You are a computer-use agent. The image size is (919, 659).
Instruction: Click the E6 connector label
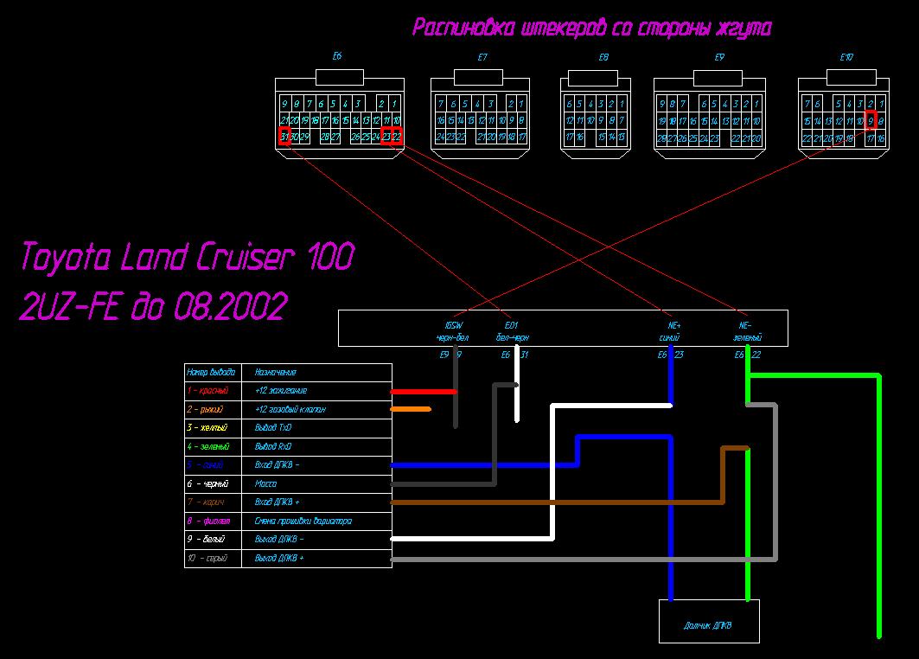[337, 56]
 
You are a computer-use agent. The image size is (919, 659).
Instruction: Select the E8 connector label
[603, 57]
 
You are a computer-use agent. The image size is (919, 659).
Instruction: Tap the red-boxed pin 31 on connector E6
[284, 137]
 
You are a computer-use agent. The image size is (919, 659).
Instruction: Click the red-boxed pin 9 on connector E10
[871, 120]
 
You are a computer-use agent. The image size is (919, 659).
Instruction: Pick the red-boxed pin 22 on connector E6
[397, 137]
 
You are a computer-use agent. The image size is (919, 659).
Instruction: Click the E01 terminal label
[513, 326]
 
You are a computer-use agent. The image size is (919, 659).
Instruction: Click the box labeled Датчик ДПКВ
[709, 625]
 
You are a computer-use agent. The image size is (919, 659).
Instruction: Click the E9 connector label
[719, 57]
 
